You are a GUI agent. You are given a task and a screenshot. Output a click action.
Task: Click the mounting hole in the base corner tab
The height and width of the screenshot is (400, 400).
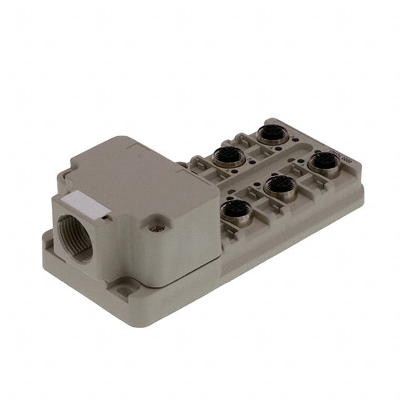coord(127,289)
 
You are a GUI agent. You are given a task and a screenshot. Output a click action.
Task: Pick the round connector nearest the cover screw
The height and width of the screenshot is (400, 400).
coord(235,210)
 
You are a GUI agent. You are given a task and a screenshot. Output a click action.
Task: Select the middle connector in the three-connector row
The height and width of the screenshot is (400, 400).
coord(279,186)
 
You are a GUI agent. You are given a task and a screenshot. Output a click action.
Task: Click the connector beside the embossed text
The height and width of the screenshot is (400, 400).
coord(324,162)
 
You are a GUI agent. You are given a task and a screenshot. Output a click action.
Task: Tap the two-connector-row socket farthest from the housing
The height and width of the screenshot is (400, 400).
coord(272,134)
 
